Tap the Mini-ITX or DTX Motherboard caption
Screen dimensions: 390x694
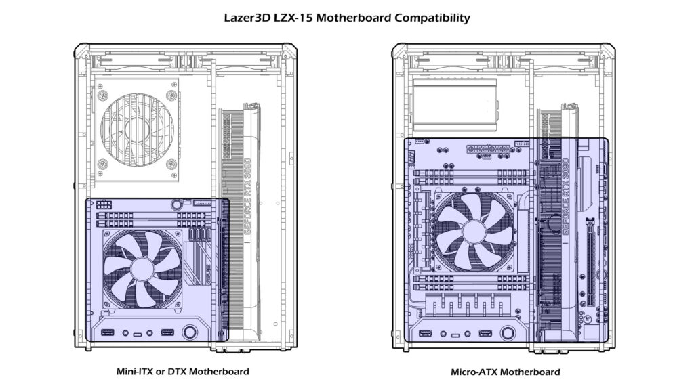tap(182, 372)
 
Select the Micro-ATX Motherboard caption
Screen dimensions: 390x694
tap(506, 372)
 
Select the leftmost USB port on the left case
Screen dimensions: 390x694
tap(108, 332)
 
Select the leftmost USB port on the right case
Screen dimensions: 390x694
tap(426, 332)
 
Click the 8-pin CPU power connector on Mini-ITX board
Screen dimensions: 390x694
tap(104, 204)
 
